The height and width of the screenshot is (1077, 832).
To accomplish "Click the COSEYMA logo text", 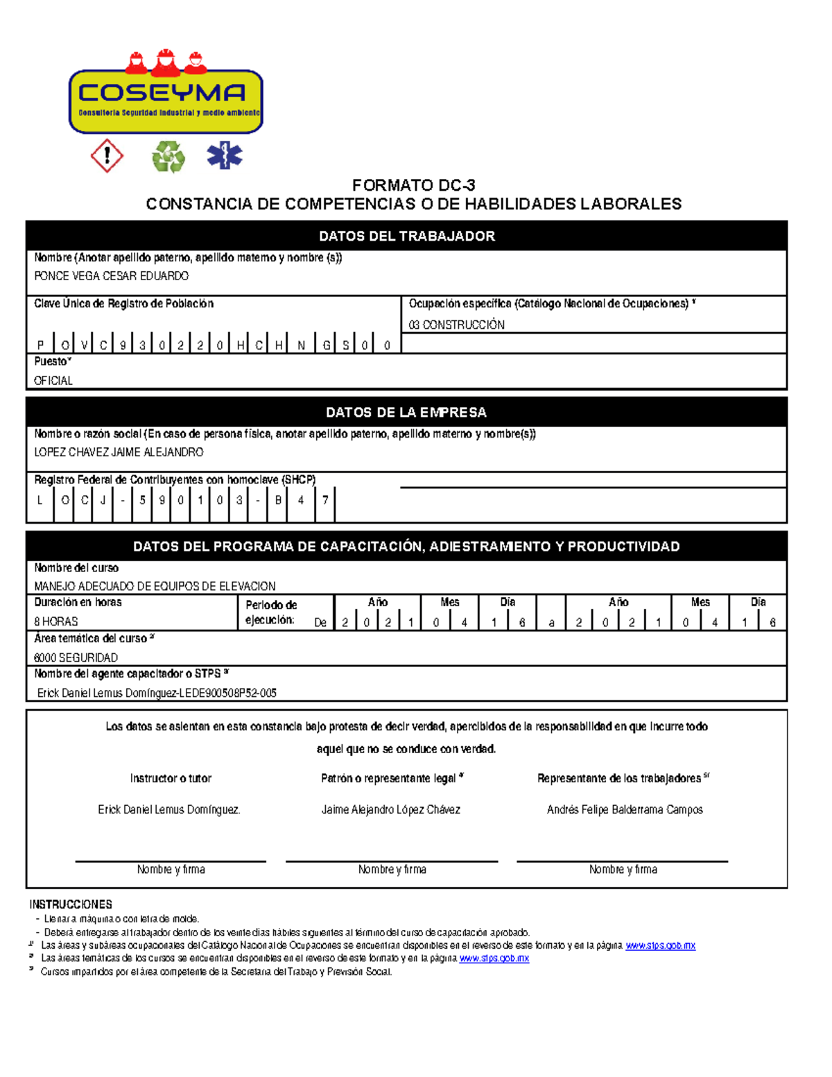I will pyautogui.click(x=162, y=93).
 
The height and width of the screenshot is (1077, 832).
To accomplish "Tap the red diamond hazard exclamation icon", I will pyautogui.click(x=107, y=155).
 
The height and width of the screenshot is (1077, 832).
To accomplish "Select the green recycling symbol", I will pyautogui.click(x=168, y=156).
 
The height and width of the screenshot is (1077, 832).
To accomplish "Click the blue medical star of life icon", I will pyautogui.click(x=225, y=155).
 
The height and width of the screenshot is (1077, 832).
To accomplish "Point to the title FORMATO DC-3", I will pyautogui.click(x=413, y=185).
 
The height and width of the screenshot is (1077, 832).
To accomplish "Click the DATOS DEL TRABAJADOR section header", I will pyautogui.click(x=406, y=236).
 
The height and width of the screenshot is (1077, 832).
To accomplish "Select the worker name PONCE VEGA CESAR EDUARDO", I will pyautogui.click(x=111, y=276).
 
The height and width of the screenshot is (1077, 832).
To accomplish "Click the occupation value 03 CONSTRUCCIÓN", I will pyautogui.click(x=456, y=325).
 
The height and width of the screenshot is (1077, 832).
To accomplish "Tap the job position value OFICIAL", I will pyautogui.click(x=53, y=381).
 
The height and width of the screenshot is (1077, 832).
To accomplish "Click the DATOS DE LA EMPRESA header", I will pyautogui.click(x=406, y=412).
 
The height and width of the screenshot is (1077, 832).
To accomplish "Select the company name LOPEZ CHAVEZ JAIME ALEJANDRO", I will pyautogui.click(x=119, y=452).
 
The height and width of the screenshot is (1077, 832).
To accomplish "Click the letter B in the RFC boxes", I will pyautogui.click(x=278, y=499).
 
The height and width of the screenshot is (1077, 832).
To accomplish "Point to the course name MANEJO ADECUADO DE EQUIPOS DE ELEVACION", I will pyautogui.click(x=155, y=586).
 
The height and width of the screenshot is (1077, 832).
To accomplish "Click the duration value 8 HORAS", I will pyautogui.click(x=56, y=621).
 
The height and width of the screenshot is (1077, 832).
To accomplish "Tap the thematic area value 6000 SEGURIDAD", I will pyautogui.click(x=76, y=657).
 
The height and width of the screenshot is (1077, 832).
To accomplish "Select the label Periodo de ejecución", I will pyautogui.click(x=271, y=612).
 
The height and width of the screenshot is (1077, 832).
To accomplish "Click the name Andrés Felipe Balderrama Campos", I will pyautogui.click(x=624, y=809).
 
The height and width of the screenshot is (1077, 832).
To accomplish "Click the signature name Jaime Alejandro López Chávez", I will pyautogui.click(x=390, y=809).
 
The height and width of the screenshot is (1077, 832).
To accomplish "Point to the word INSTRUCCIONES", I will pyautogui.click(x=71, y=904).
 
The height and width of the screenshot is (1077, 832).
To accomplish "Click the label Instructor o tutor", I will pyautogui.click(x=171, y=778).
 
